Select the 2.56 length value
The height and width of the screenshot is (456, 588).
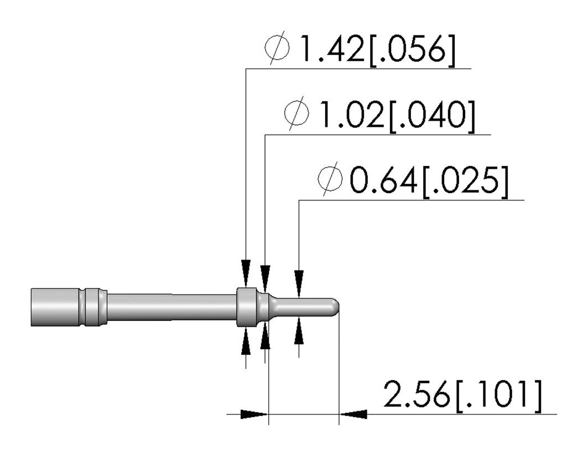click(417, 394)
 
